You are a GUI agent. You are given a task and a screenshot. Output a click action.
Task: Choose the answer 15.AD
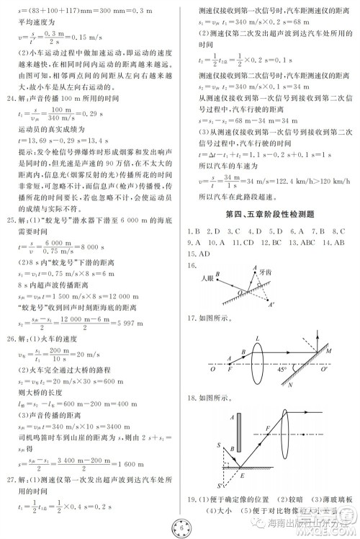pyautogui.click(x=199, y=254)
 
